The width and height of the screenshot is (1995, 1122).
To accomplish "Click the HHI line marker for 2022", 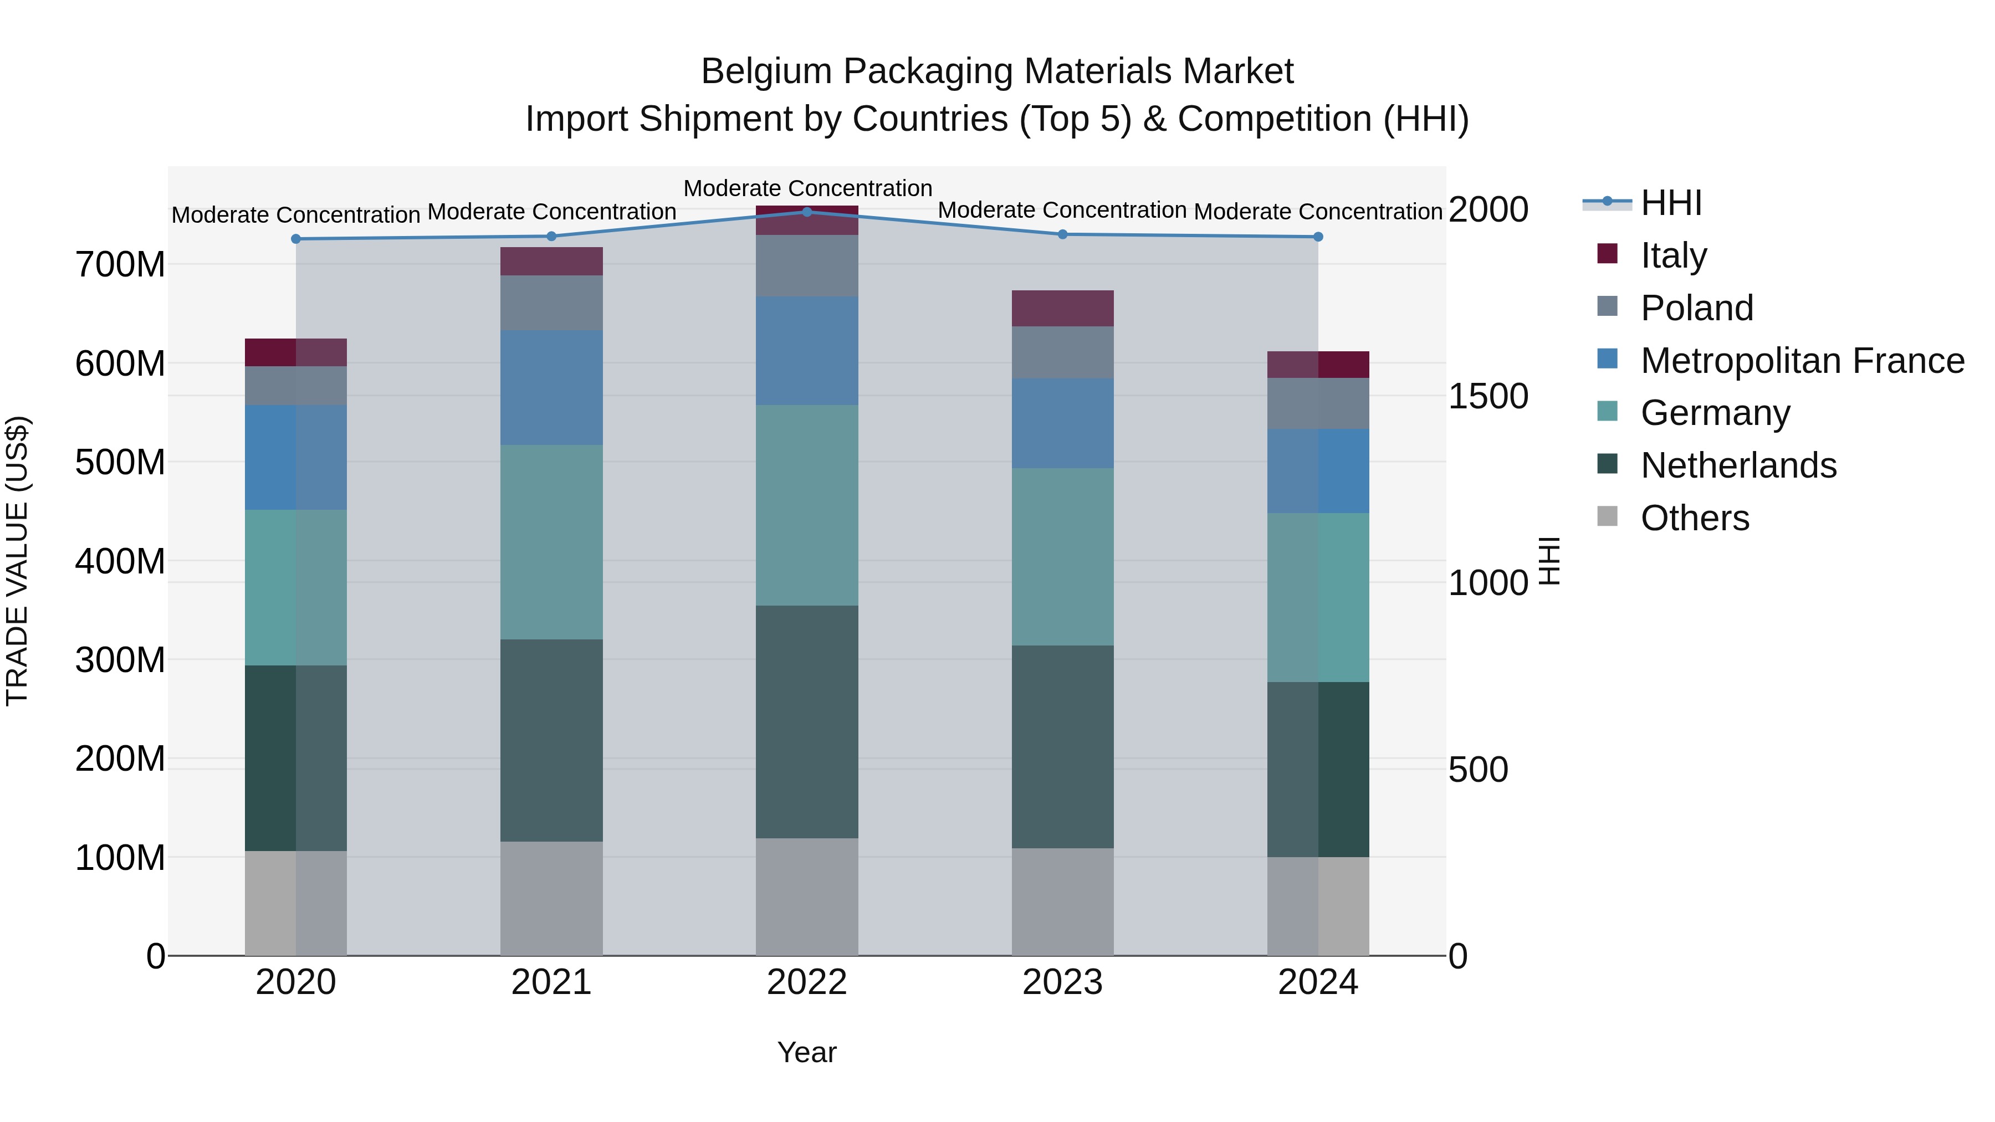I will click(807, 212).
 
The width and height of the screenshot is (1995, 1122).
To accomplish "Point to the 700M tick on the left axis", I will click(120, 265).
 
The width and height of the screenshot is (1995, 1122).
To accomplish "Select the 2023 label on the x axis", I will click(1062, 982).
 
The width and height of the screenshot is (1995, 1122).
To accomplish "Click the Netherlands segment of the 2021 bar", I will click(551, 740).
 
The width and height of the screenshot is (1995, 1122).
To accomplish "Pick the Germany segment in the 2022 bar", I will click(807, 505).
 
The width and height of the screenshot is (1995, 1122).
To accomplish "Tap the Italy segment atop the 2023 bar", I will click(1062, 308).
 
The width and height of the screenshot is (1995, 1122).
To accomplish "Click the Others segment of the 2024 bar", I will click(1318, 906).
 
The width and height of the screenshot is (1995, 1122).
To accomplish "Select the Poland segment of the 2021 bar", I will click(551, 303).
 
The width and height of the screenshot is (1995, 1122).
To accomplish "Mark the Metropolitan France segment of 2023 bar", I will click(1062, 423).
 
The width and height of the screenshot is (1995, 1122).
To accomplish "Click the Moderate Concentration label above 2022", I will click(807, 188).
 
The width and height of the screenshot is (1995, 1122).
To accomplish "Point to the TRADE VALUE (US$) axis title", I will click(17, 561).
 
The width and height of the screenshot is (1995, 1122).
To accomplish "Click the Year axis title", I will click(807, 1052).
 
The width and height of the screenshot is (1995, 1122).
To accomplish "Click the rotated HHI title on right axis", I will click(1549, 561).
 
